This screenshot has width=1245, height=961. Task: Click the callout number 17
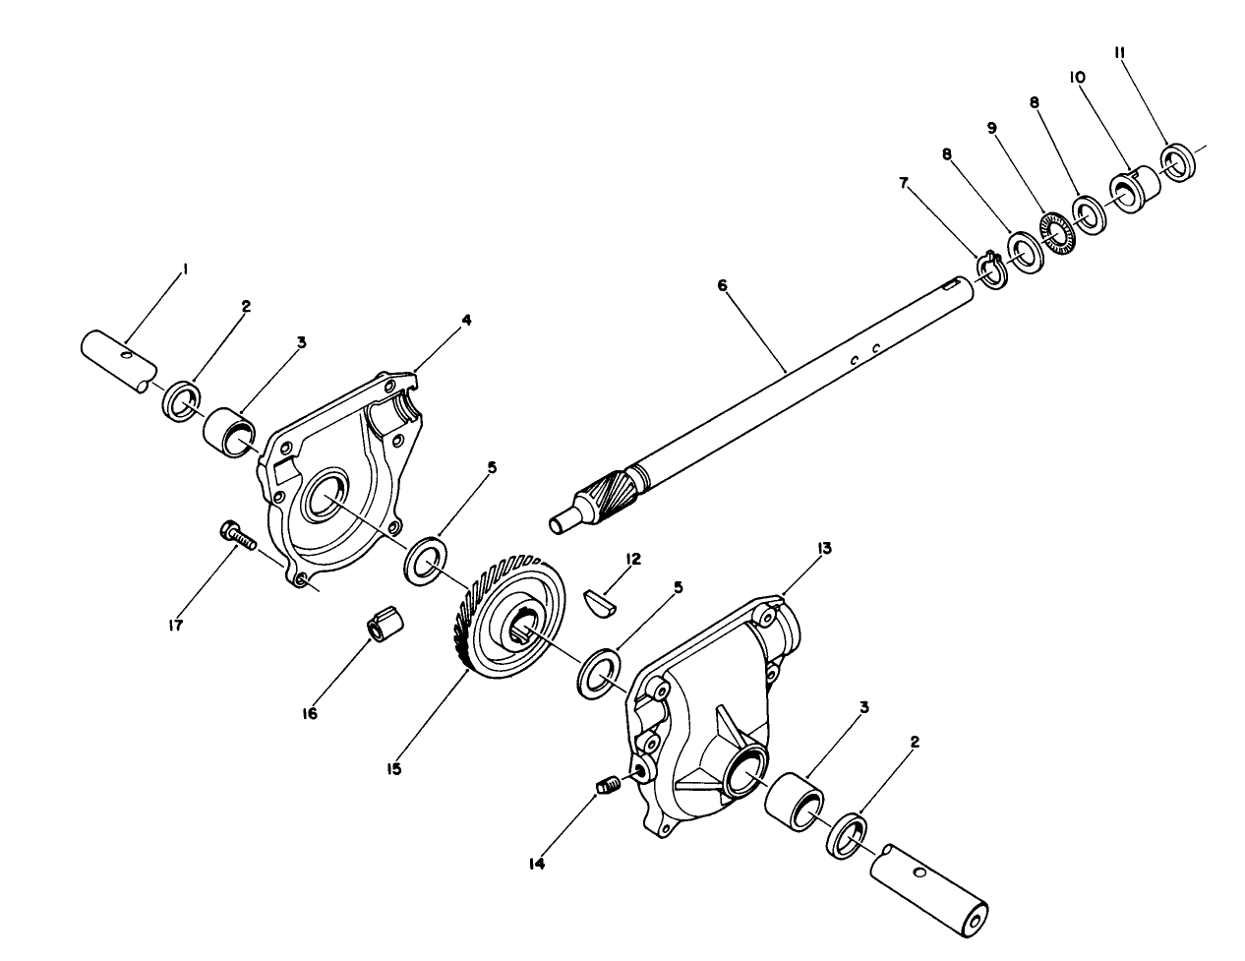pos(176,625)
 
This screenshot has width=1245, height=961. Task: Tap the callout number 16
pos(310,713)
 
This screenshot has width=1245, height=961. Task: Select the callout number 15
pos(393,769)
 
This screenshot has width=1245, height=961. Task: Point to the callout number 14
pos(537,864)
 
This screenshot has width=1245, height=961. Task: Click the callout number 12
pos(633,558)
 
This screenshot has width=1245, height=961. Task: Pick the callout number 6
pos(722,285)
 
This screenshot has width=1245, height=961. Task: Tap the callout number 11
pos(1119,53)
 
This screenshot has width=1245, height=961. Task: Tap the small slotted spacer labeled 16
pos(385,626)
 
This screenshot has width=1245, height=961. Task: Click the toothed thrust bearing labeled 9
pos(1058,233)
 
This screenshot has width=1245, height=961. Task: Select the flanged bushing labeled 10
pos(1135,188)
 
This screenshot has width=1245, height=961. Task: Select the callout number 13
pos(824,549)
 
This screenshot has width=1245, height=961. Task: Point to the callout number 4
pos(467,320)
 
